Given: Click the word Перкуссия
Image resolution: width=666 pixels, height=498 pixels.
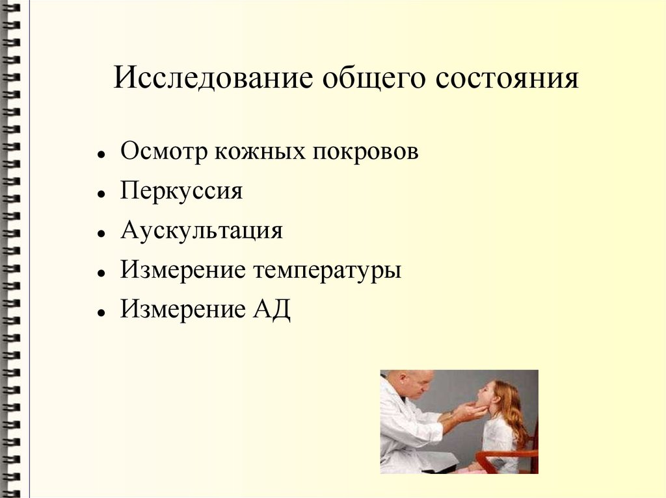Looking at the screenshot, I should click(x=181, y=192).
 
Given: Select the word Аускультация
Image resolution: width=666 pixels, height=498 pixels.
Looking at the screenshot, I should click(x=202, y=231).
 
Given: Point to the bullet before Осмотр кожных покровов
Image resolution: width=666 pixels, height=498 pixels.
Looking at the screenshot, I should click(x=101, y=156).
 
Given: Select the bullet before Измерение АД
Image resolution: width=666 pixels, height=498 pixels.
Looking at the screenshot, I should click(x=101, y=312).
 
